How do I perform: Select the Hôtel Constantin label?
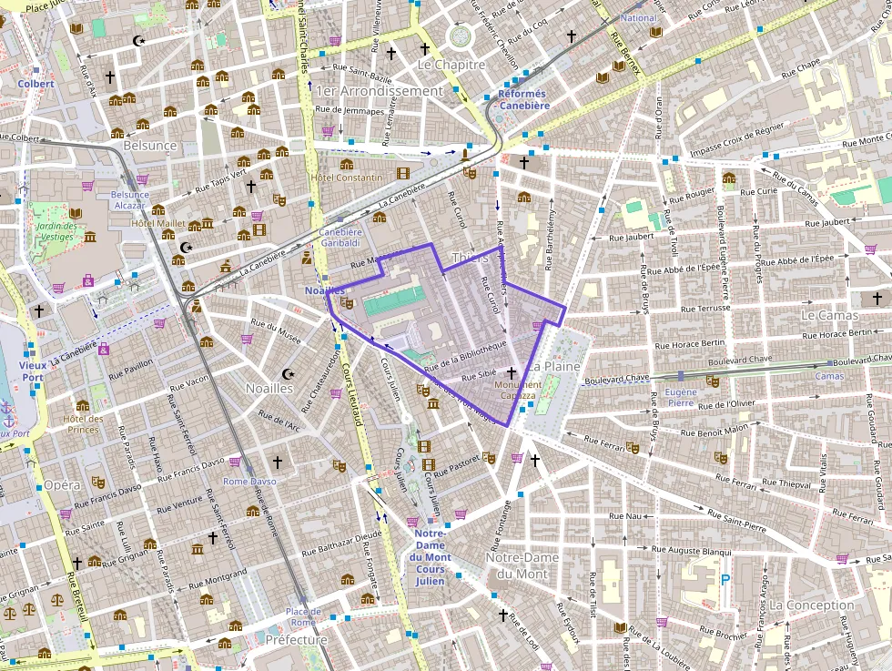click(x=347, y=177)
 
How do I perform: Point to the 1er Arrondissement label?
click(x=379, y=91)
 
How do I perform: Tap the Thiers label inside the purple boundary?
click(x=470, y=258)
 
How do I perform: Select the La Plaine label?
click(x=558, y=366)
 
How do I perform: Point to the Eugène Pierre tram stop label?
click(x=682, y=396)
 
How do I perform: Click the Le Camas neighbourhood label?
click(x=829, y=315)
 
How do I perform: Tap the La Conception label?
click(x=812, y=605)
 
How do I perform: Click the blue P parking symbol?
click(x=725, y=578)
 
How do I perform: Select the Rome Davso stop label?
click(x=249, y=481)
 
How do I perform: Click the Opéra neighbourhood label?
click(x=63, y=485)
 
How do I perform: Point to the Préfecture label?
click(x=296, y=640)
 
